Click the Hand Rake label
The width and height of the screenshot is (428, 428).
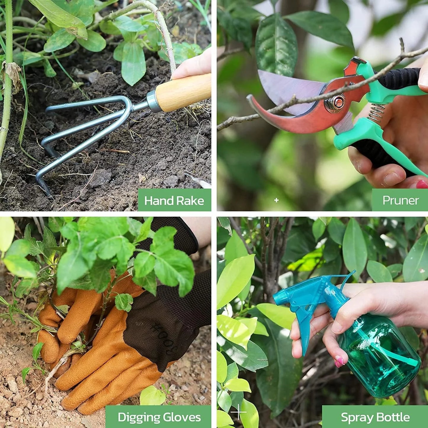174,201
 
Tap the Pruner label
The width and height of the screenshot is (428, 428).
400,200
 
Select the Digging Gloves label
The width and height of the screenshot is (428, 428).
159,417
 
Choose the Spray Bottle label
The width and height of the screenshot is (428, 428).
375,417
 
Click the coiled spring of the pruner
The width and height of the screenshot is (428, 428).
376,113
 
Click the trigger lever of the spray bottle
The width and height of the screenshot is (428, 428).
305,329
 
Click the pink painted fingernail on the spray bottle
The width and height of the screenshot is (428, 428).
339,362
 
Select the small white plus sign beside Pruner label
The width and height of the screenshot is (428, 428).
276,200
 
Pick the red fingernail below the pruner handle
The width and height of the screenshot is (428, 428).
422,184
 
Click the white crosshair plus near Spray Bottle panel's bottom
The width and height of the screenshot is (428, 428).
238,412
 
